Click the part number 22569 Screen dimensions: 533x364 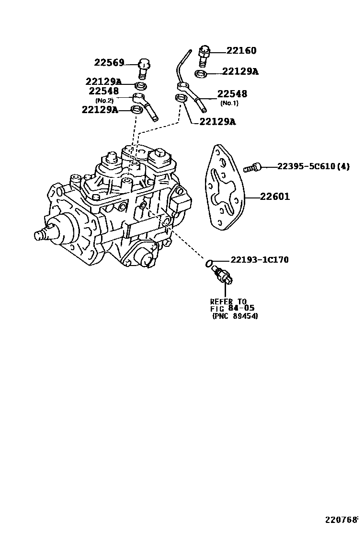[x=109, y=63]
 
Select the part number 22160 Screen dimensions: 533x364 [x=241, y=51]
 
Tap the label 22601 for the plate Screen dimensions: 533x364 [x=275, y=197]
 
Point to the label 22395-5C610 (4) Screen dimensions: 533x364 [x=313, y=167]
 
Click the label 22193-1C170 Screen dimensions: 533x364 [x=259, y=260]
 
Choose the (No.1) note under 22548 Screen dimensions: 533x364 [x=229, y=103]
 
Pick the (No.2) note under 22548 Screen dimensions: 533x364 [x=104, y=100]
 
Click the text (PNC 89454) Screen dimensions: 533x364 [x=234, y=316]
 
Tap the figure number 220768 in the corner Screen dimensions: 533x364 [x=342, y=520]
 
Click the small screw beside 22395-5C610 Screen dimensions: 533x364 [x=252, y=167]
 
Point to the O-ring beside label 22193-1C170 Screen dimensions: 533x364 [x=209, y=263]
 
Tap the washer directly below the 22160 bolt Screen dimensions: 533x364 [x=201, y=73]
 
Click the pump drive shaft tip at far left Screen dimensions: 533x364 [x=40, y=235]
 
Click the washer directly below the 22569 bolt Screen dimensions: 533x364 [x=140, y=86]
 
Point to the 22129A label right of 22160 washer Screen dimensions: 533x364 [x=240, y=71]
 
